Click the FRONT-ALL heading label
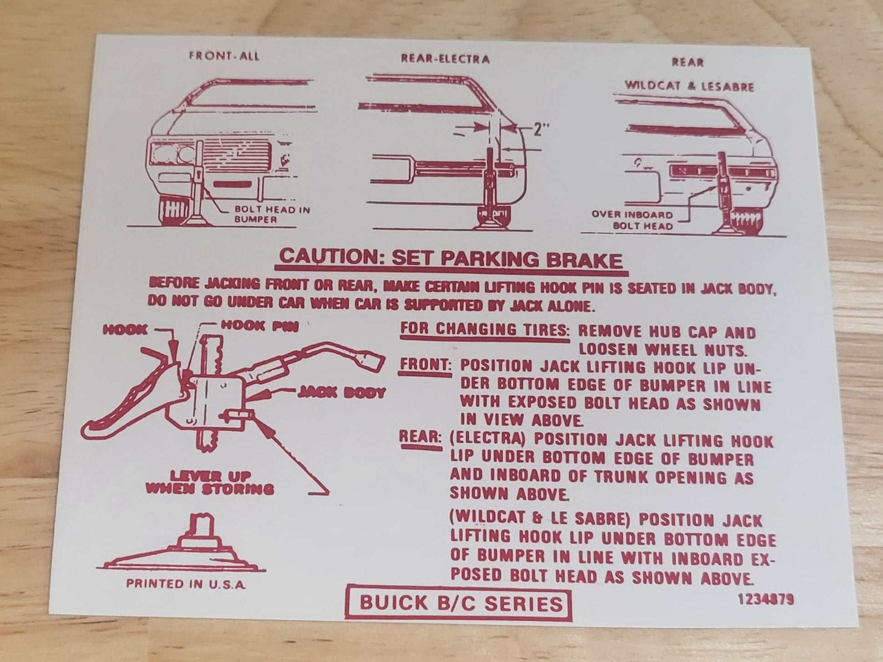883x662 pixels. [224, 56]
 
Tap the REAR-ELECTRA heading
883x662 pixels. [445, 59]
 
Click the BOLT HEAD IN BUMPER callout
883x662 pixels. [273, 214]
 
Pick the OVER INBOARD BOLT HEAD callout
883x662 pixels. [637, 220]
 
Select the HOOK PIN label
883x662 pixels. [260, 326]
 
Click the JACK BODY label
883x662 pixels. [341, 393]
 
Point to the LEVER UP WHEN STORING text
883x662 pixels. [210, 482]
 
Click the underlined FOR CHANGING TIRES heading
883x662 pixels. [485, 330]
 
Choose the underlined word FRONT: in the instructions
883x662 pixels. [425, 365]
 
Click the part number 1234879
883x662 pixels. [766, 599]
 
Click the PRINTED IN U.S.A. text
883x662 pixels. [186, 584]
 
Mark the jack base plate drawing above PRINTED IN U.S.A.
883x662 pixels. [181, 545]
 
